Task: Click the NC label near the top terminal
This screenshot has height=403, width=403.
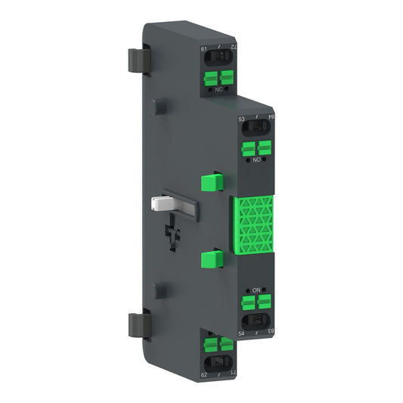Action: coord(219,89)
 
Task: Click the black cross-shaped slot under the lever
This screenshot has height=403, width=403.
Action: coord(175,227)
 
